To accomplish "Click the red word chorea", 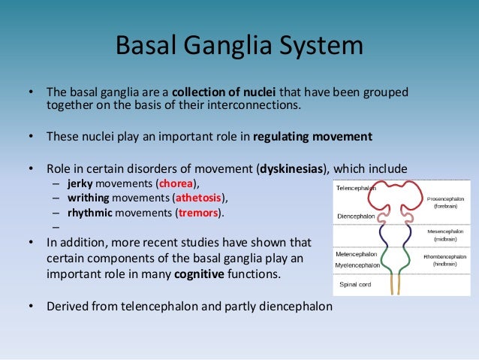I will click(176, 183).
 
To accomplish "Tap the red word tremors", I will click(198, 213).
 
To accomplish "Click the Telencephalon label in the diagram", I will click(355, 188).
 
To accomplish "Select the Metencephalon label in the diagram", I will click(355, 254).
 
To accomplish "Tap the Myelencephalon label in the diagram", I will click(357, 265).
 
